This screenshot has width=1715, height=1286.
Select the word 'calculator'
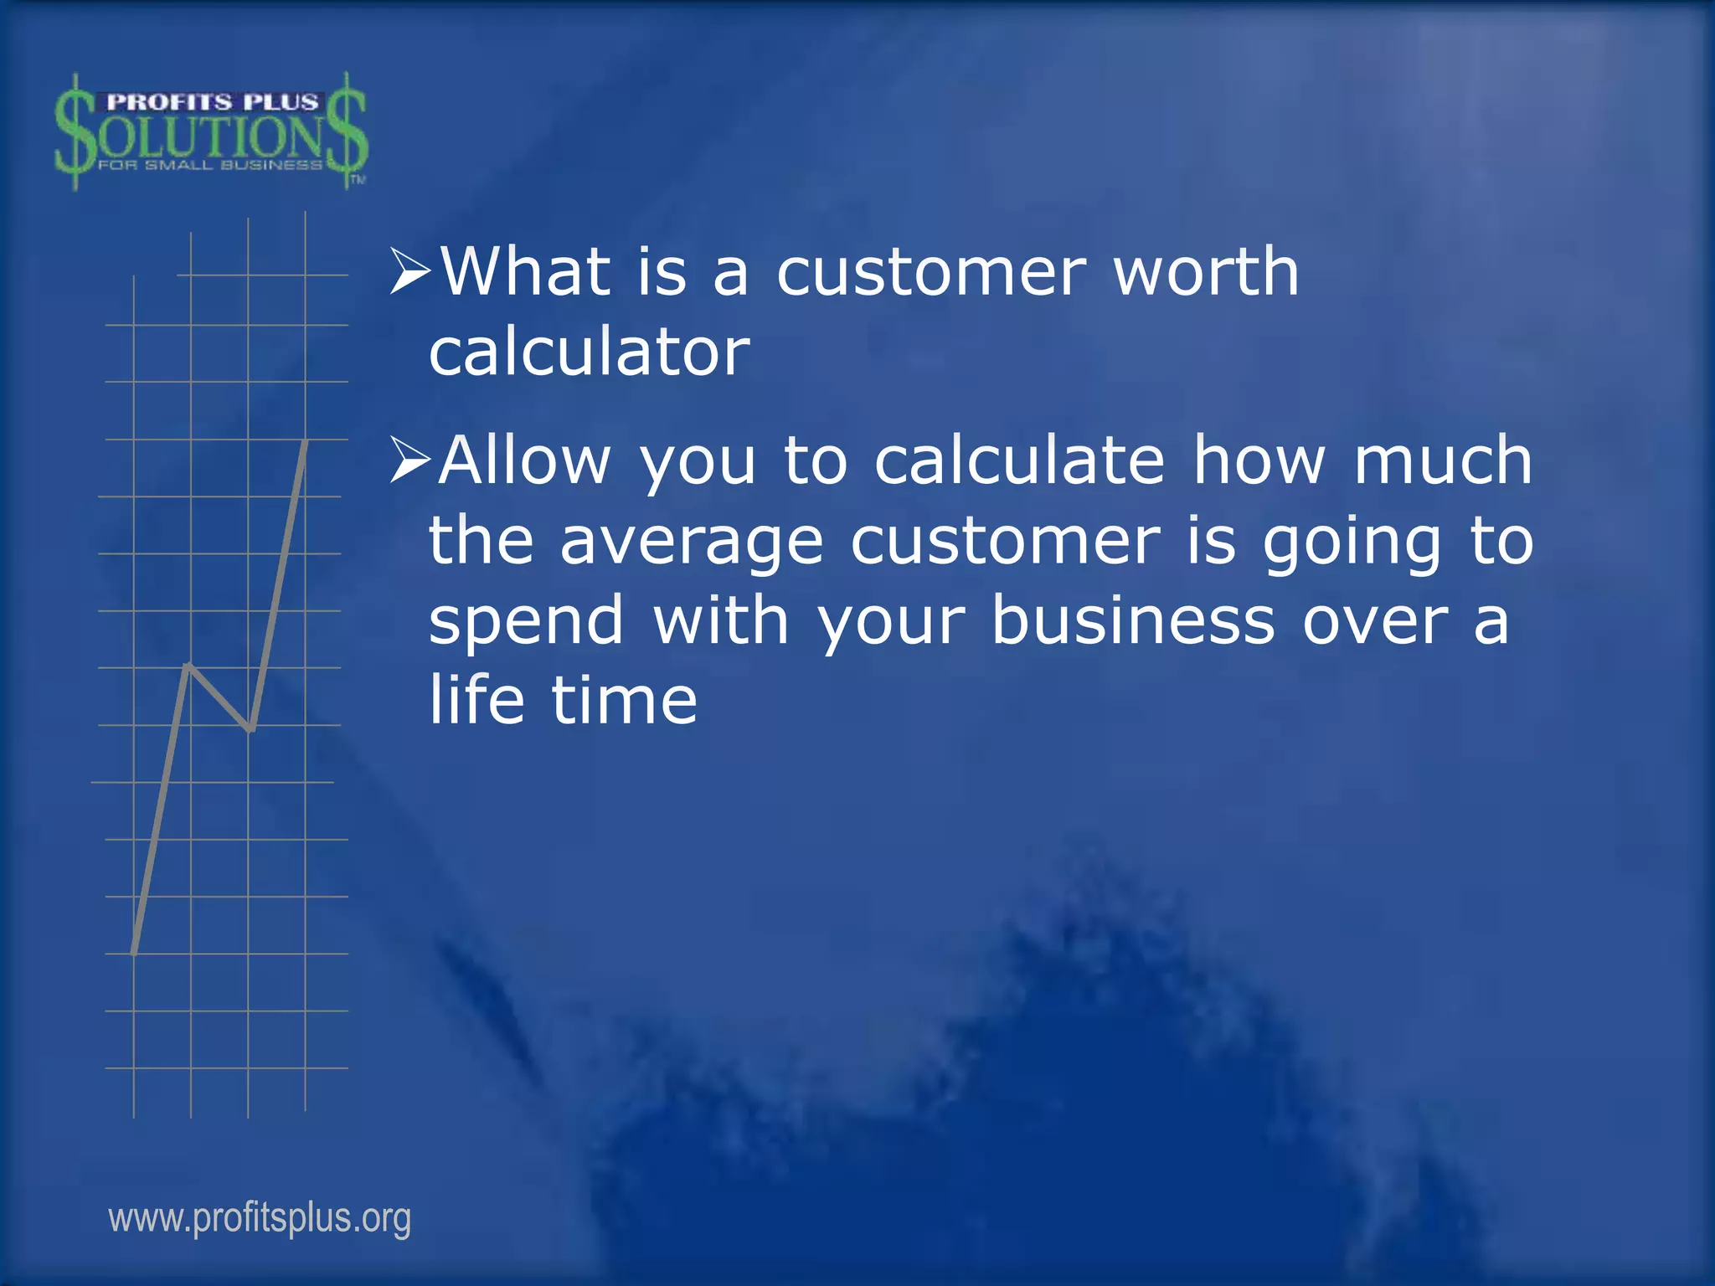point(589,352)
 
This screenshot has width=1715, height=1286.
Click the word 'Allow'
point(525,460)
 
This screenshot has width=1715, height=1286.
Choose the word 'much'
point(1442,460)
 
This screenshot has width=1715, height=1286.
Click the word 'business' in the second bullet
point(1133,621)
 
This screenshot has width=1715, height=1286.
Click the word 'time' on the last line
point(624,700)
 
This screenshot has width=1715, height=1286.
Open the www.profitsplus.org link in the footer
point(260,1218)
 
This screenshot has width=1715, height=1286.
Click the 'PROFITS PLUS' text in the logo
point(213,102)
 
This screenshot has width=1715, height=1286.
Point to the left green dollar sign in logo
point(75,132)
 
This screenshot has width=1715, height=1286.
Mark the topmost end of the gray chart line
point(306,442)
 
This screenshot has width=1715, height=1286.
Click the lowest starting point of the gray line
point(135,951)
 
